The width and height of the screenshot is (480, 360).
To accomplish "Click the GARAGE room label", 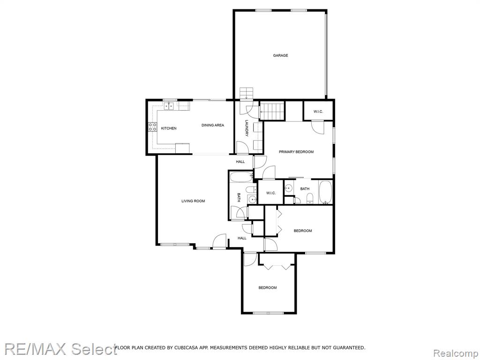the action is (280, 55).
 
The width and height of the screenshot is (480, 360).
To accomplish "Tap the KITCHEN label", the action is (169, 128).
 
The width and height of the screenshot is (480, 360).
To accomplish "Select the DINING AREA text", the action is (213, 125).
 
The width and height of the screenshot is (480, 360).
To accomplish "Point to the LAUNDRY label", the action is (247, 127).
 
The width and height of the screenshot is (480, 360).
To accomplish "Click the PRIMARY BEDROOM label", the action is (296, 152).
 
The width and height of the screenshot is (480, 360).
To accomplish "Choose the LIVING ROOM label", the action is (193, 201).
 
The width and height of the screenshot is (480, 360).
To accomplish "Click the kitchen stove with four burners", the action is (152, 127).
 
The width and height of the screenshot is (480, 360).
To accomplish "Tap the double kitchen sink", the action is (168, 106).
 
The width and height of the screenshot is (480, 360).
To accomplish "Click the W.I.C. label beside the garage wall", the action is (318, 112).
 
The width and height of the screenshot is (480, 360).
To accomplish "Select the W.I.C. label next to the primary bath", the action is (271, 193).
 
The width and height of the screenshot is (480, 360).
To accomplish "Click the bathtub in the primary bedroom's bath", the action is (325, 192).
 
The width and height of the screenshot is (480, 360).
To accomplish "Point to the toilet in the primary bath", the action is (310, 198).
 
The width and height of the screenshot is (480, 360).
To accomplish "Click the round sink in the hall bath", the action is (253, 200).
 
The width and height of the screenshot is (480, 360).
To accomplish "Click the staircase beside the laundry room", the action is (272, 111).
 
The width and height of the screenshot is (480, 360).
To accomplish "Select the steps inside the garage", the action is (247, 93).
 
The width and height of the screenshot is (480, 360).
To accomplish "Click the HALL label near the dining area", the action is (240, 162).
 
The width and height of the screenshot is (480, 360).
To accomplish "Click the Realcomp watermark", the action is (456, 353).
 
